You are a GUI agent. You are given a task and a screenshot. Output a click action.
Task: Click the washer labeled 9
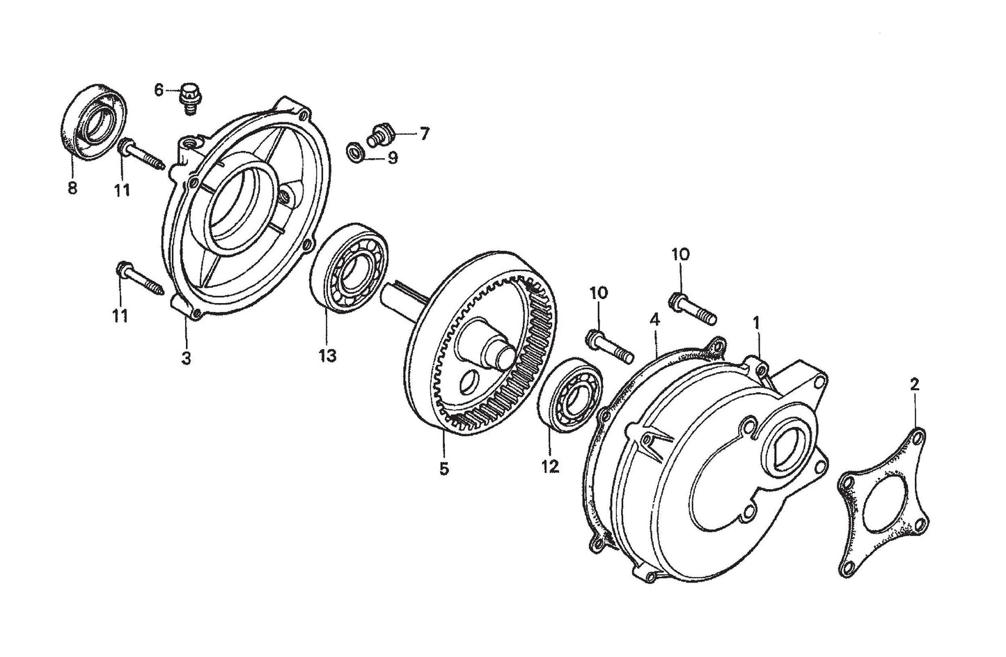pos(354,150)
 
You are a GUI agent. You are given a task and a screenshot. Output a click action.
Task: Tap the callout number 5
pos(443,468)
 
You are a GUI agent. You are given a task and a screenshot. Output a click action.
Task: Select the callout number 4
pos(654,320)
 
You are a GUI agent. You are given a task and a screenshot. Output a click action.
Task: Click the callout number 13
pos(327,355)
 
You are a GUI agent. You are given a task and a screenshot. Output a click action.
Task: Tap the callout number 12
pos(550,466)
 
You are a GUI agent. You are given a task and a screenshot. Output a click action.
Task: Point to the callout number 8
pos(72,188)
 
